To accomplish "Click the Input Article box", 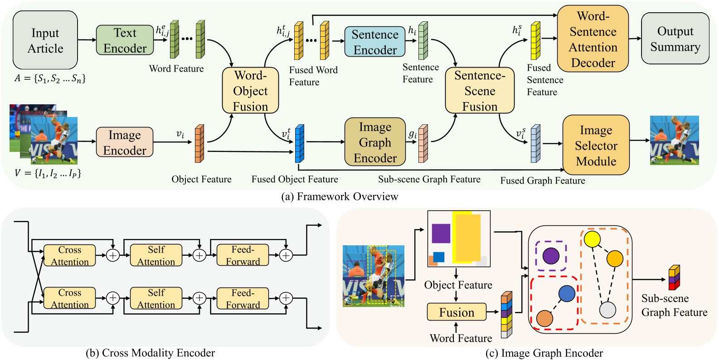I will pyautogui.click(x=45, y=40).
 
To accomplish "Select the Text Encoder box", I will pyautogui.click(x=125, y=40).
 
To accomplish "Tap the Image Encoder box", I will pyautogui.click(x=125, y=142).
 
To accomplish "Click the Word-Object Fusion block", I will pyautogui.click(x=250, y=91).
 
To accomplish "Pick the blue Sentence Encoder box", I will pyautogui.click(x=375, y=42).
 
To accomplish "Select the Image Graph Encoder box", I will pyautogui.click(x=375, y=142).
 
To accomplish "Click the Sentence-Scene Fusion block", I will pyautogui.click(x=480, y=91).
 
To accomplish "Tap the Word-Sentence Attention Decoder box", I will pyautogui.click(x=593, y=39).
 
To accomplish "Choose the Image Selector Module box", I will pyautogui.click(x=596, y=145).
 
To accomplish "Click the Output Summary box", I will pyautogui.click(x=675, y=39).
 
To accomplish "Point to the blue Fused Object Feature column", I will pyautogui.click(x=299, y=144).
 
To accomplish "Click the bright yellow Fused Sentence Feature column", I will pyautogui.click(x=535, y=41).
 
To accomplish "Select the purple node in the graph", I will pyautogui.click(x=551, y=256).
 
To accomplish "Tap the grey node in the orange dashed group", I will pyautogui.click(x=607, y=310).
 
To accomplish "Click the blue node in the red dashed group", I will pyautogui.click(x=567, y=294).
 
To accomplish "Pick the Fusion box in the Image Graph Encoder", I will pyautogui.click(x=457, y=312).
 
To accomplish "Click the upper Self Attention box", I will pyautogui.click(x=156, y=255).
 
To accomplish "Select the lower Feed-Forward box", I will pyautogui.click(x=243, y=298).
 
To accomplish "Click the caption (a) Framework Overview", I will pyautogui.click(x=340, y=197).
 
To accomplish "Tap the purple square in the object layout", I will pyautogui.click(x=441, y=234).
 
